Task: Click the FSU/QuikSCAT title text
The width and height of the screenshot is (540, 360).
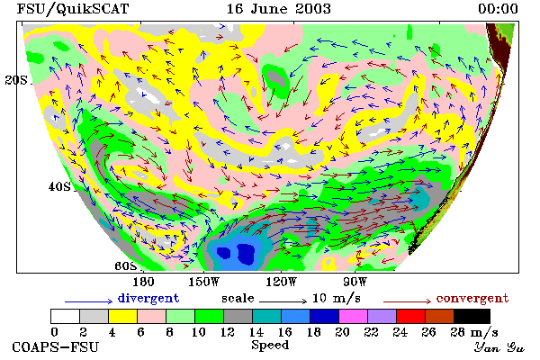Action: [73, 9]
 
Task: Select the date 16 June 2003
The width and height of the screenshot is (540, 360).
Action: [279, 9]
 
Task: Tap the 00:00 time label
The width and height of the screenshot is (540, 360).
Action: [498, 9]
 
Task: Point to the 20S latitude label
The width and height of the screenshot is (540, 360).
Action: [16, 80]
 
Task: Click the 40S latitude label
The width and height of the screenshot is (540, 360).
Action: [59, 186]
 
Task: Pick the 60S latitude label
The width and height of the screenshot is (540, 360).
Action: [126, 266]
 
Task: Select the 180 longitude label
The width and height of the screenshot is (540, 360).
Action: [143, 282]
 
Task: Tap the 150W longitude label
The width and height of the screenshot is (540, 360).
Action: [204, 282]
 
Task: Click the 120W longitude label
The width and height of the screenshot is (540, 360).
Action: [281, 282]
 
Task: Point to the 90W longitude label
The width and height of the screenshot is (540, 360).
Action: [355, 282]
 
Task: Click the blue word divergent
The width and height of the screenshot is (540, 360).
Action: [148, 298]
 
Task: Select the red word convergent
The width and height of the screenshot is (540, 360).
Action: [472, 298]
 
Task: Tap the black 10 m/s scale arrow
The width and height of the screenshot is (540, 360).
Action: [283, 301]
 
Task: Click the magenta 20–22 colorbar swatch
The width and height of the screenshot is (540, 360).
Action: [354, 316]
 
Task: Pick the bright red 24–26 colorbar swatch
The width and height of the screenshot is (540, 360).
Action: [411, 316]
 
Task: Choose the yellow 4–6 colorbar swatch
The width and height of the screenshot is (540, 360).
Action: [123, 316]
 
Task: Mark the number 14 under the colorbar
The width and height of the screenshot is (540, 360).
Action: [256, 332]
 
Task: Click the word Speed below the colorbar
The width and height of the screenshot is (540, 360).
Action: [270, 345]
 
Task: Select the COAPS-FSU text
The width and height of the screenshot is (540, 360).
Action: [56, 346]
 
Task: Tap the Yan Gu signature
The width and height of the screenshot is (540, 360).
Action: [499, 346]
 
